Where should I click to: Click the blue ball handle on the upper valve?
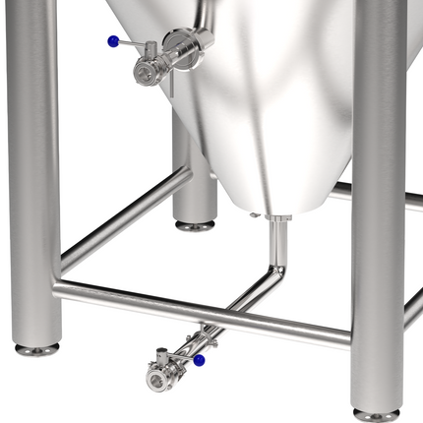114,41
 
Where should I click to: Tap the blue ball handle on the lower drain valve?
199,361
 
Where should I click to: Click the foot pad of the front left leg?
36,348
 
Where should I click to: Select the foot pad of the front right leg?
377,414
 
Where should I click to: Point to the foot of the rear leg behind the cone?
194,225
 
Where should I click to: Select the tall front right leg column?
378,197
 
